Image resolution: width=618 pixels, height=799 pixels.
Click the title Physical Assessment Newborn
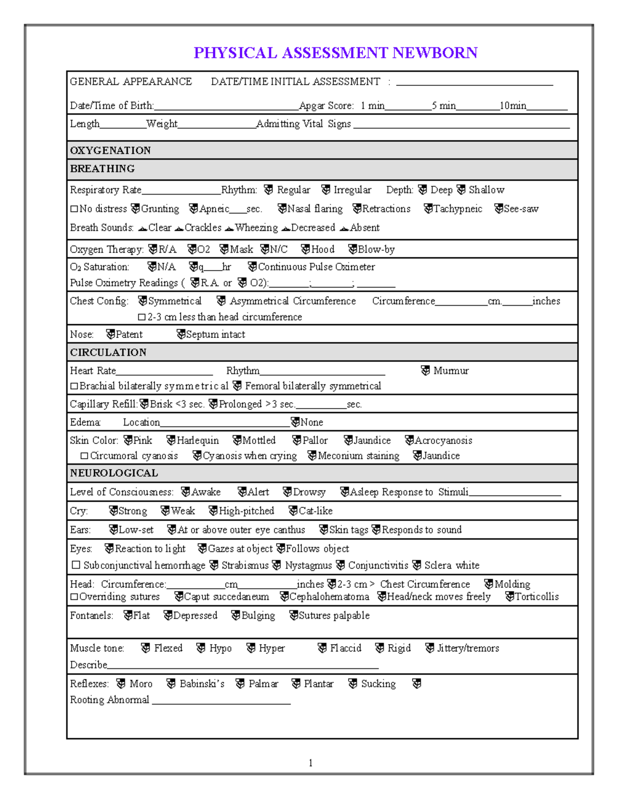335,53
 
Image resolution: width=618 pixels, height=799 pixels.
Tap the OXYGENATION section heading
110,150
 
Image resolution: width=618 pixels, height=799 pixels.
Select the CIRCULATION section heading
108,352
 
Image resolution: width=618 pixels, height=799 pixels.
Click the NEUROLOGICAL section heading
114,473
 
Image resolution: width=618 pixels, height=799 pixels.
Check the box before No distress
74,209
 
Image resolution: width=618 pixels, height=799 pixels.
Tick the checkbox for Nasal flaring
282,209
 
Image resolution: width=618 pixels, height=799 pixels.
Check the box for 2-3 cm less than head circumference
142,317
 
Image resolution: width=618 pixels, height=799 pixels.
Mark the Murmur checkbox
425,371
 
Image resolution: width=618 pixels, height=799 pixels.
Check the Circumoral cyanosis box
84,456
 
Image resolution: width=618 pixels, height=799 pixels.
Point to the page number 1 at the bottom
311,762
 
